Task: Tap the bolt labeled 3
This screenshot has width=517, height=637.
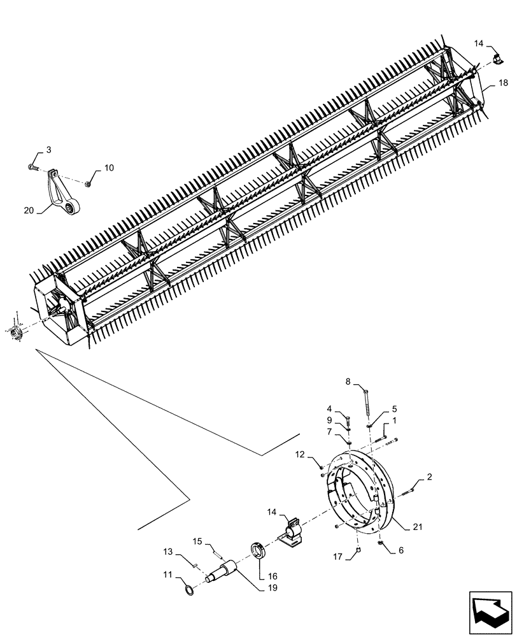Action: pos(32,168)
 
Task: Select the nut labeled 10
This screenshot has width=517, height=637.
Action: pos(88,184)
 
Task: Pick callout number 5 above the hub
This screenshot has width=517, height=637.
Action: pos(395,409)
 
